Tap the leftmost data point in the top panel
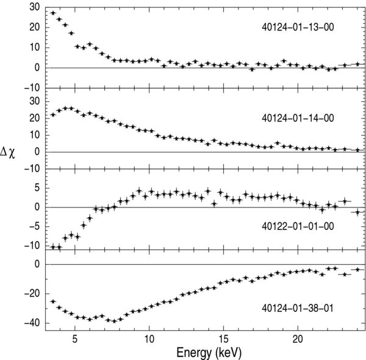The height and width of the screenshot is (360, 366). pyautogui.click(x=53, y=13)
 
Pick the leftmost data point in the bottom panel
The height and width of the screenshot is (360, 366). pyautogui.click(x=53, y=301)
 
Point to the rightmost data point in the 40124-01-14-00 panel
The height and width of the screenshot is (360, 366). pyautogui.click(x=358, y=150)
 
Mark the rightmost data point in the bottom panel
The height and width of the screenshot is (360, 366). pyautogui.click(x=358, y=269)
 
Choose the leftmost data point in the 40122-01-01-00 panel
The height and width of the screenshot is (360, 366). pyautogui.click(x=53, y=247)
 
